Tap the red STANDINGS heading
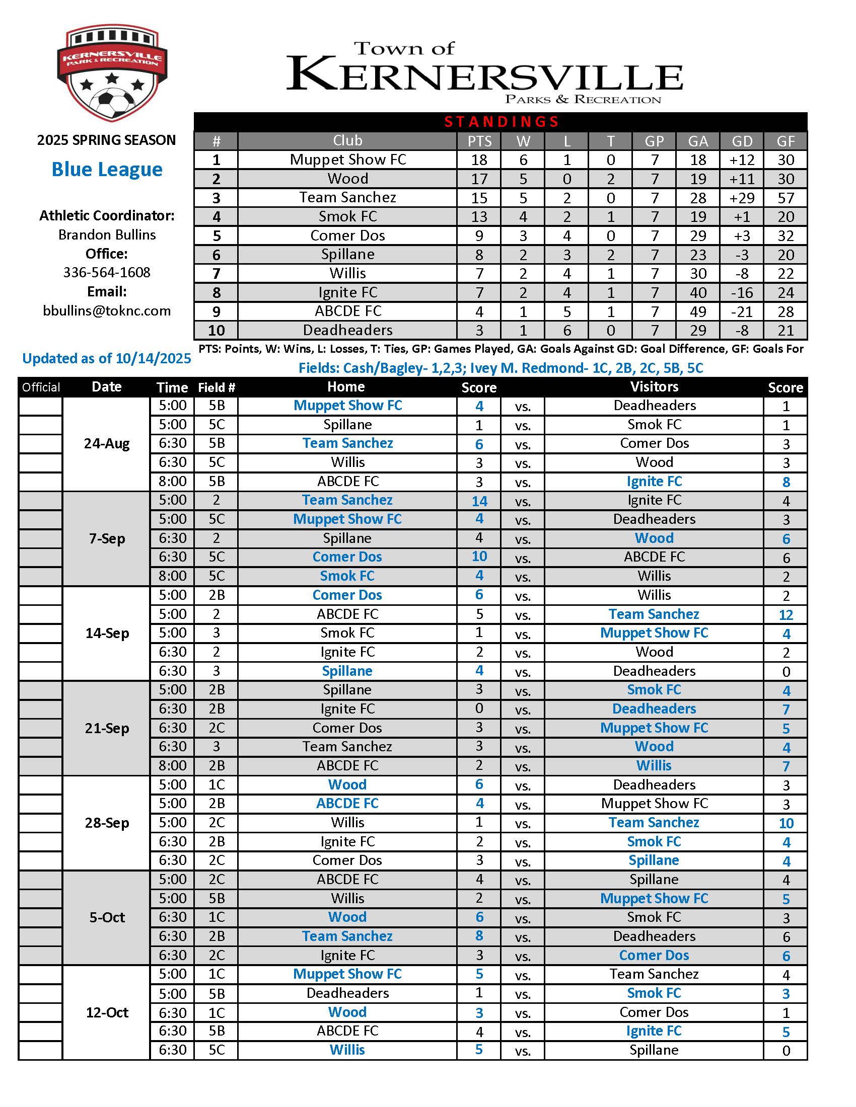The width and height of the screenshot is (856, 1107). (x=501, y=122)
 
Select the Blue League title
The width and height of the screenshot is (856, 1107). (x=107, y=169)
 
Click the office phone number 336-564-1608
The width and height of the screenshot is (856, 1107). (x=107, y=273)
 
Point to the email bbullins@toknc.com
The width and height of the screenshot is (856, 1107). (x=107, y=310)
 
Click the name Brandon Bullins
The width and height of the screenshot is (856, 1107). (x=107, y=234)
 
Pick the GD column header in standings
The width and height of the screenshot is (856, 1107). (x=742, y=141)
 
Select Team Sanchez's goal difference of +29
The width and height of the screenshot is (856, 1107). (x=742, y=198)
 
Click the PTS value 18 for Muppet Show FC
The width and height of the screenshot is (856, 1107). (x=479, y=160)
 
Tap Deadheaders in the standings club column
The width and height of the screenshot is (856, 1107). (x=347, y=331)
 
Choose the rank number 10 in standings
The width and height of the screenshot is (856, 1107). (x=216, y=331)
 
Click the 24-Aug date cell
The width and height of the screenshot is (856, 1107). (x=106, y=443)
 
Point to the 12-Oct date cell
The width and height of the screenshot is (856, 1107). (x=106, y=1012)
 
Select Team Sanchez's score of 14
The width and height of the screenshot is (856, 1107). (x=479, y=501)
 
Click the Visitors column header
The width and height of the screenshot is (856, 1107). (x=654, y=387)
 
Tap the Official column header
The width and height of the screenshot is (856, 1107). (x=41, y=387)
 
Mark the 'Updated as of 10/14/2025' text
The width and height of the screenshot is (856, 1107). (x=106, y=358)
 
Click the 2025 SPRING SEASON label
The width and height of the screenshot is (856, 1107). (x=106, y=140)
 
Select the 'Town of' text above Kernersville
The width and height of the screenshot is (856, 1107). (x=404, y=49)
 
